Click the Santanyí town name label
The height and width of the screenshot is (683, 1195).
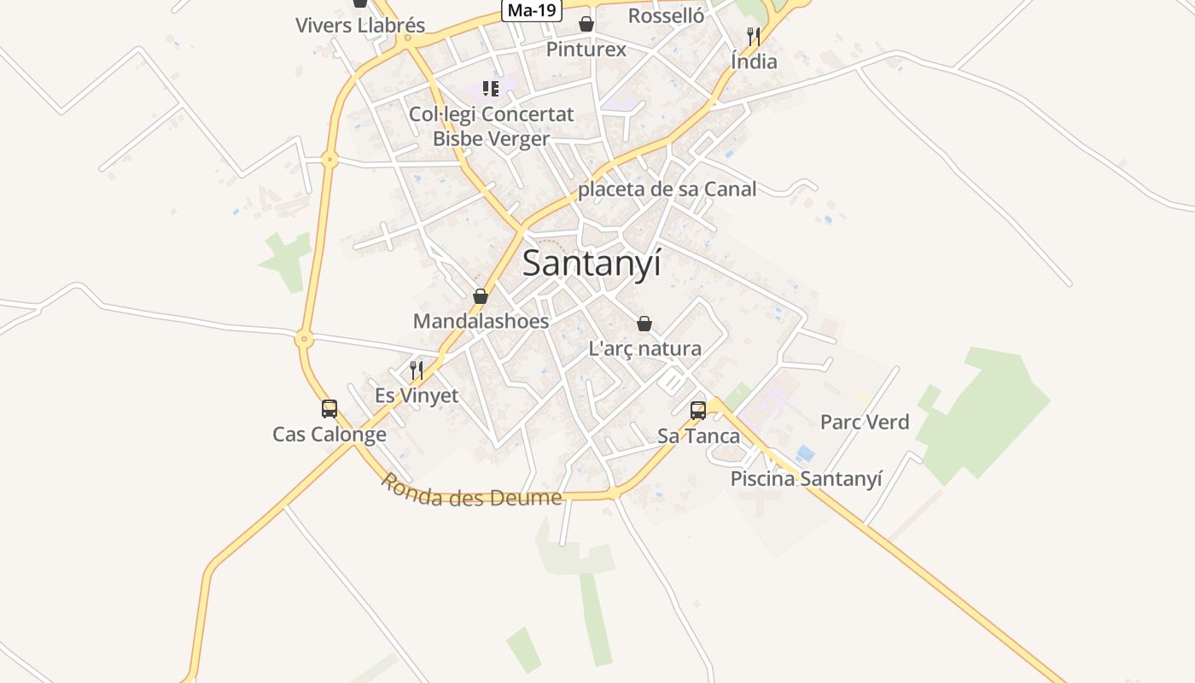tap(592, 263)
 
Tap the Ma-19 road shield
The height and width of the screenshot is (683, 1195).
tap(531, 10)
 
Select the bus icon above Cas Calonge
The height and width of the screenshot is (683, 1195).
tap(329, 409)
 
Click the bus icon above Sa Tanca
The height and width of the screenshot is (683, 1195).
tap(698, 411)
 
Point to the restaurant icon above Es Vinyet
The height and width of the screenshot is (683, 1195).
tap(417, 370)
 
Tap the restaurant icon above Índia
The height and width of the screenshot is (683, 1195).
tap(754, 36)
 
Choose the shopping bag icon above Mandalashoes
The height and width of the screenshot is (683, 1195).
tap(481, 296)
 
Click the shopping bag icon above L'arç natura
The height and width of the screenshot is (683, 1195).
tap(644, 324)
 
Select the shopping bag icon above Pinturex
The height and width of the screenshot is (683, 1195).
tap(586, 23)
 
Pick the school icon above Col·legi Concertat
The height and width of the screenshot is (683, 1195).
tap(491, 88)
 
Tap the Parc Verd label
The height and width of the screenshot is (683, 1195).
tap(865, 422)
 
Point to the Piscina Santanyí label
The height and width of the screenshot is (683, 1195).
tap(806, 479)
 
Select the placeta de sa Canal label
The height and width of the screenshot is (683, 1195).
tap(667, 190)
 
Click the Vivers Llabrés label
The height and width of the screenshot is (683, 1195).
tap(360, 26)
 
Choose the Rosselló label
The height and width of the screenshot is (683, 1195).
tap(666, 16)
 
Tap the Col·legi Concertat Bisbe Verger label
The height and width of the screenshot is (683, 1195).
tap(492, 126)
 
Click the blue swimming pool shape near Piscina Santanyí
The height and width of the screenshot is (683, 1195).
tap(805, 453)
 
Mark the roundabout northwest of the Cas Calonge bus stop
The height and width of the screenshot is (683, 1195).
tap(304, 339)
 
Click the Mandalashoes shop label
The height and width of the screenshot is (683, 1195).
tap(481, 322)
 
